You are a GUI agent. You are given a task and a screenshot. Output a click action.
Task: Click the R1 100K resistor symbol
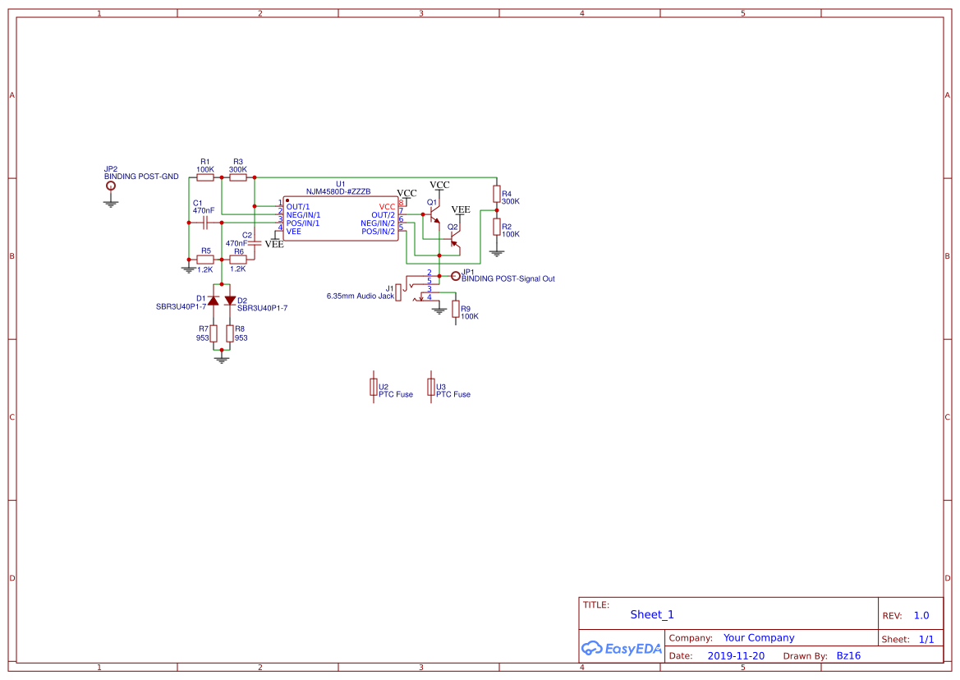click(x=204, y=177)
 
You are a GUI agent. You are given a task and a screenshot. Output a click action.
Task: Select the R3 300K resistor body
click(x=238, y=177)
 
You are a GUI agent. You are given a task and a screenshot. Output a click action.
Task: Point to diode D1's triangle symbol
click(x=214, y=301)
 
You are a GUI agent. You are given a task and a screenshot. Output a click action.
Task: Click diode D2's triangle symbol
click(x=230, y=301)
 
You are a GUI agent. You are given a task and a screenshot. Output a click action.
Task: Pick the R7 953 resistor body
click(x=214, y=333)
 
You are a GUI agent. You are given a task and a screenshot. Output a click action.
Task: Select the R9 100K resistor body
click(x=456, y=309)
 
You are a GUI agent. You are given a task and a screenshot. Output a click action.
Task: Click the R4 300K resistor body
click(x=496, y=194)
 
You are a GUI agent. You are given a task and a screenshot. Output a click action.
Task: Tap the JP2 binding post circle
click(x=111, y=186)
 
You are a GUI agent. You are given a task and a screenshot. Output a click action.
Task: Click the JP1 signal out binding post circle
click(x=456, y=276)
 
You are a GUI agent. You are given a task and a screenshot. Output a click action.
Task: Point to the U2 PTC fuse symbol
click(x=374, y=387)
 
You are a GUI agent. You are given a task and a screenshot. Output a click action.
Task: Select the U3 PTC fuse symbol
click(x=431, y=387)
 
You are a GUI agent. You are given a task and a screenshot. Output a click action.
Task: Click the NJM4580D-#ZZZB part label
click(x=338, y=191)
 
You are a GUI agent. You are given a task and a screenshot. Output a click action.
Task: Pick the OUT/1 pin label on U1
click(x=298, y=206)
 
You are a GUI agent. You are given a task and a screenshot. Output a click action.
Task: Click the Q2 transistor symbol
click(x=454, y=240)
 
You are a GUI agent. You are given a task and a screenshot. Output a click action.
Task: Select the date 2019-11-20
click(x=735, y=656)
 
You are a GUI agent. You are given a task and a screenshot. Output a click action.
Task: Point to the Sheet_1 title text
click(x=652, y=614)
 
